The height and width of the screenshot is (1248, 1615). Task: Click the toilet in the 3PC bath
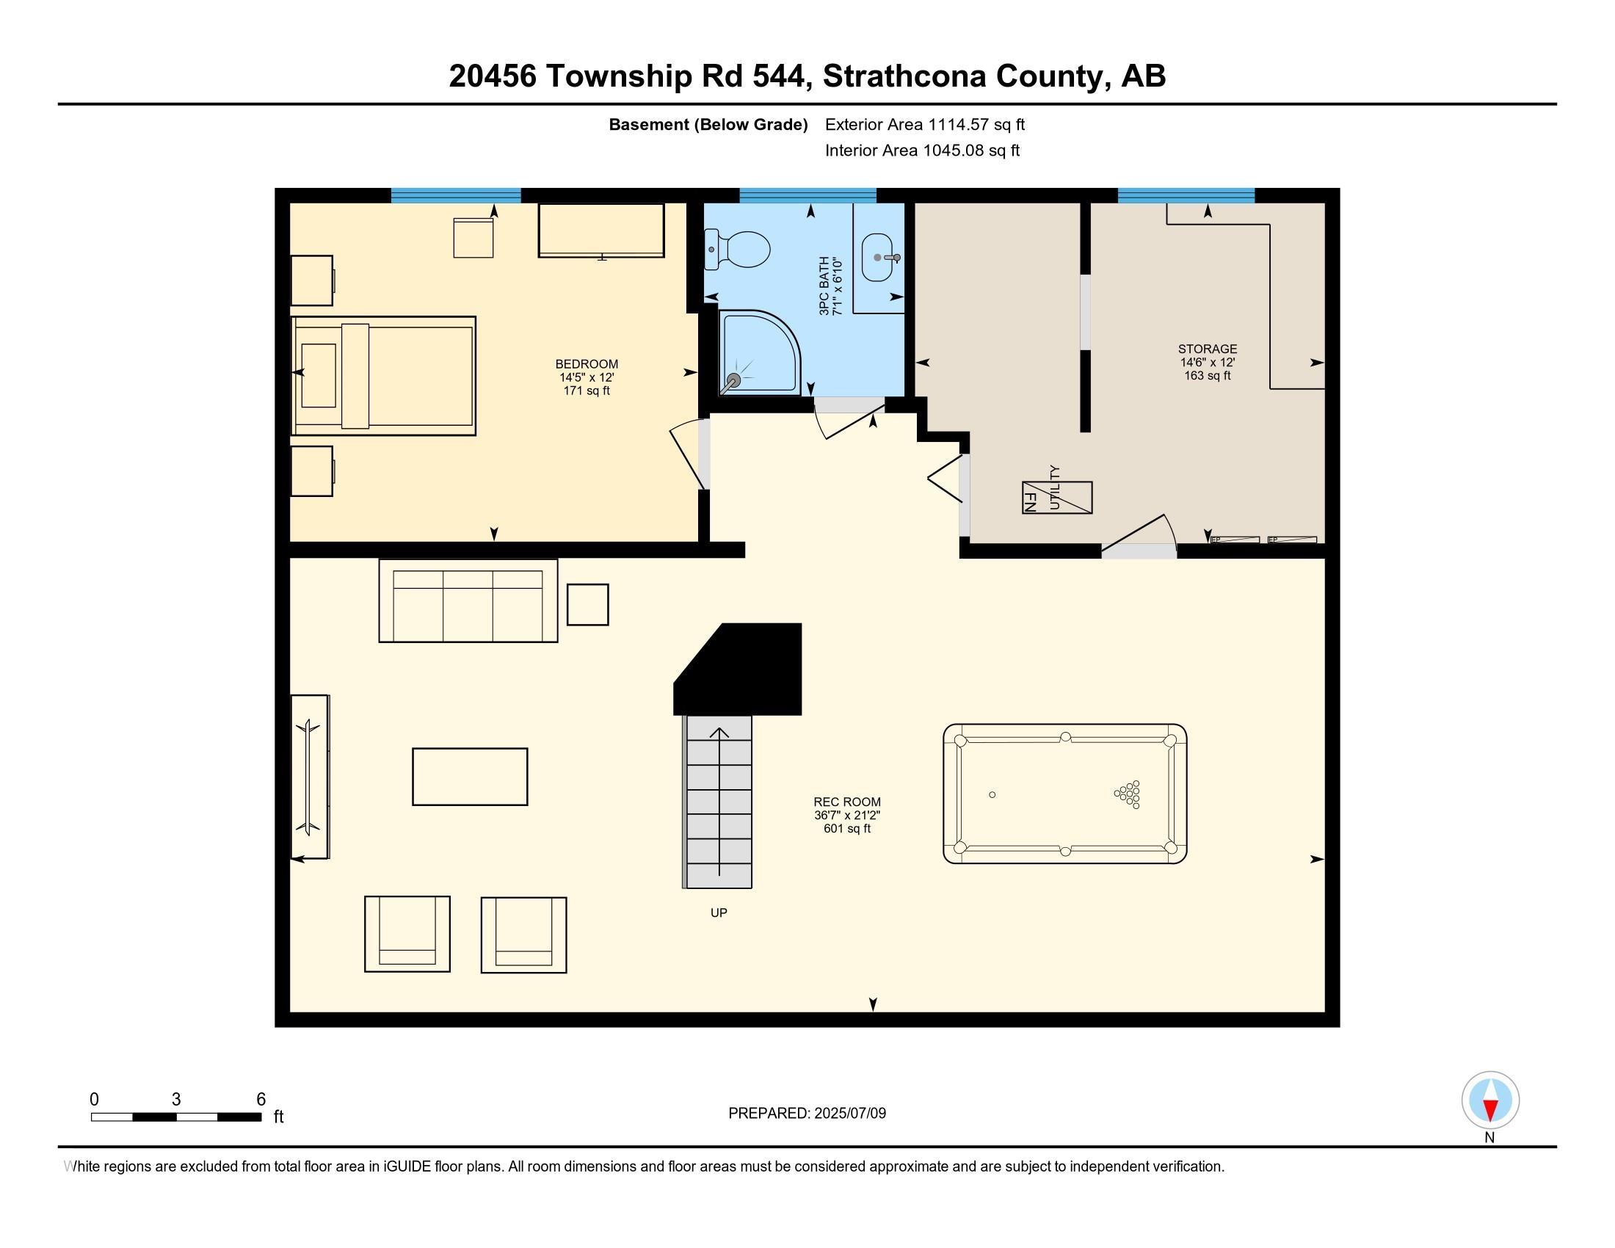[x=739, y=249]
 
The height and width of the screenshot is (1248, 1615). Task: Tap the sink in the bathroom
[x=878, y=257]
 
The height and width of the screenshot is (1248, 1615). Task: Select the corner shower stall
[x=759, y=352]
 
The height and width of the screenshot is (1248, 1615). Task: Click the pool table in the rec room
[x=1065, y=794]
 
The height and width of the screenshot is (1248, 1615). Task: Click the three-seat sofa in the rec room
[x=468, y=601]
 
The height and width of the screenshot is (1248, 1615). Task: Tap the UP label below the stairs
[x=718, y=913]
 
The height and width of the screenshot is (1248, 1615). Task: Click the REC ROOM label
[x=846, y=802]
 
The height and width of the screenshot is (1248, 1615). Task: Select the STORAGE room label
[x=1207, y=349]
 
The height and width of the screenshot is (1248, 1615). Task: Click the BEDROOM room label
[x=587, y=363]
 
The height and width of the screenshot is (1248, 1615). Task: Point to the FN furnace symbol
[x=1031, y=497]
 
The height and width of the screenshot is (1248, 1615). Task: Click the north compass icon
[x=1490, y=1100]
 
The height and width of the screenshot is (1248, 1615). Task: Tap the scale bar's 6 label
[x=261, y=1100]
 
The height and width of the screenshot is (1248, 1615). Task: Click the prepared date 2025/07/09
[x=849, y=1114]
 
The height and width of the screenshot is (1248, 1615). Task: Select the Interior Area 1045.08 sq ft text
[x=922, y=150]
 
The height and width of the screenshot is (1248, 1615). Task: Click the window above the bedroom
[x=456, y=195]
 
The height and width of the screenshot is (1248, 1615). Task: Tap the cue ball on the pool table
[x=992, y=795]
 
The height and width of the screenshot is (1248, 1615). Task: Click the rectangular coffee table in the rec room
[x=470, y=776]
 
